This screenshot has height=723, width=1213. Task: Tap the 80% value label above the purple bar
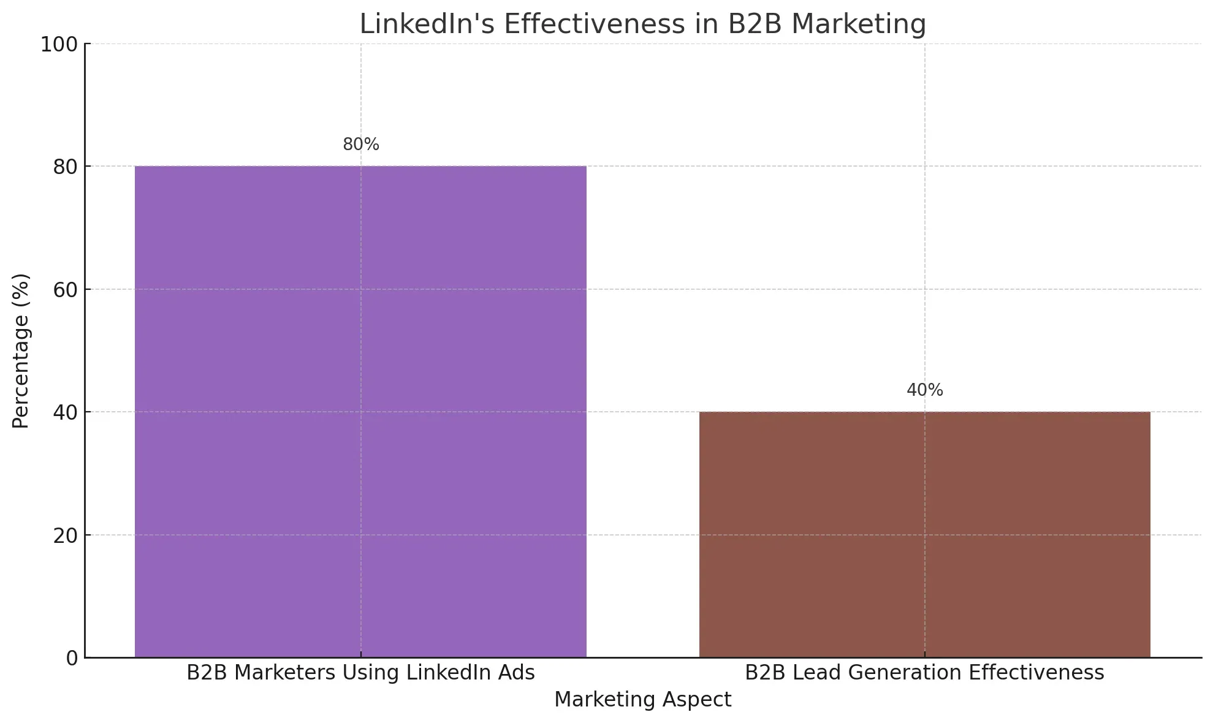click(361, 145)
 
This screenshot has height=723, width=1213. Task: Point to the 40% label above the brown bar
click(924, 390)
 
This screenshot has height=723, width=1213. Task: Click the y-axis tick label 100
click(59, 45)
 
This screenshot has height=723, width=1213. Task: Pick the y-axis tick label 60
click(66, 290)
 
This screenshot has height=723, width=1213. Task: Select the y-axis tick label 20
click(66, 536)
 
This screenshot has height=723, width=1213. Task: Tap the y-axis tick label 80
click(66, 167)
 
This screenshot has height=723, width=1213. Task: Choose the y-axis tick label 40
click(66, 413)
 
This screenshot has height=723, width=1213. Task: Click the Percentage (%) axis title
click(21, 350)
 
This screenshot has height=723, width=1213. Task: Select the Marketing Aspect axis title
click(642, 700)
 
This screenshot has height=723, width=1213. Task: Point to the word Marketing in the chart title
click(859, 25)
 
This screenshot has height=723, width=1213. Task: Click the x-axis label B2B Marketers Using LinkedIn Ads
click(360, 673)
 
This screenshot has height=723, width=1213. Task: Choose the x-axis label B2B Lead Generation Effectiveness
click(924, 673)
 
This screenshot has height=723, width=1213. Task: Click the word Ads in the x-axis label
click(517, 673)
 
